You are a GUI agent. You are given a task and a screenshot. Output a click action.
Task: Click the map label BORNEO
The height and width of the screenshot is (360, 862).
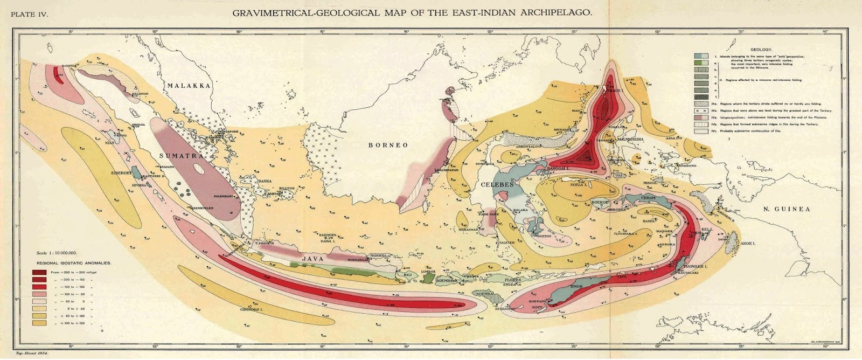(x=388, y=145)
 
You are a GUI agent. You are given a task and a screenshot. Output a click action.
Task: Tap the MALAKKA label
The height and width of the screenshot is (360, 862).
(x=188, y=86)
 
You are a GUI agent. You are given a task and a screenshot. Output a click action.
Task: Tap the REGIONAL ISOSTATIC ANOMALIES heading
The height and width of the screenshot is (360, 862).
(x=74, y=263)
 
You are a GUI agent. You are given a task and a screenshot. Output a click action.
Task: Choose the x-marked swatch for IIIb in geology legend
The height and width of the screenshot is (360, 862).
(x=701, y=110)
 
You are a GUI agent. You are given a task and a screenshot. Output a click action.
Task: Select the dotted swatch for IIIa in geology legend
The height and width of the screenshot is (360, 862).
(x=701, y=102)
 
